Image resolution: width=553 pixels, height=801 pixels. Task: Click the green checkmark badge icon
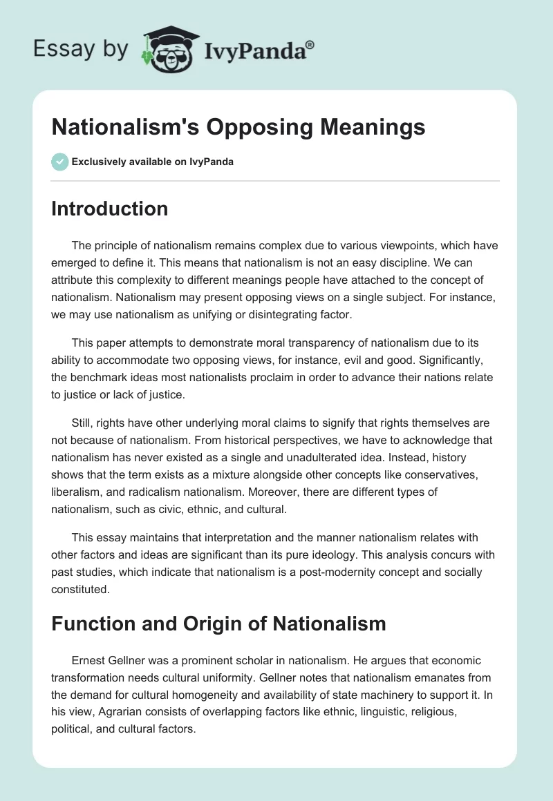point(59,162)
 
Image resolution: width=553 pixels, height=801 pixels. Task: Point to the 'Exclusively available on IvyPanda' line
point(151,162)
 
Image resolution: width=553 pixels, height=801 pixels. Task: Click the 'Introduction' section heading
point(109,209)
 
